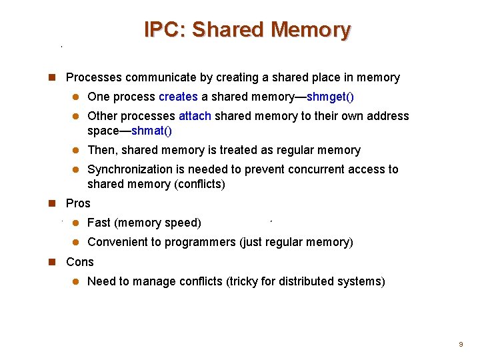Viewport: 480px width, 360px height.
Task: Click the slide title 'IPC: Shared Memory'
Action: [x=247, y=30]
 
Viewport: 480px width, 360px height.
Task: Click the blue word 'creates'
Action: [x=179, y=97]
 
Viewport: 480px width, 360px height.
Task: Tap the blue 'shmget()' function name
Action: [x=330, y=97]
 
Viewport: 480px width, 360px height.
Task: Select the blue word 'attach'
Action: [x=195, y=116]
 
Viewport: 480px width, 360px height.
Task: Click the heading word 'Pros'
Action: [x=78, y=203]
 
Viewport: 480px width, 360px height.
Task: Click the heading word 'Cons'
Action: [x=80, y=262]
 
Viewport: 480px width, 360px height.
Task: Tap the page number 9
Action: [x=460, y=345]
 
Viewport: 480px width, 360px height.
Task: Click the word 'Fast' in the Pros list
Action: [x=99, y=223]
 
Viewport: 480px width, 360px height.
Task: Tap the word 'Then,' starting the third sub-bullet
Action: [x=102, y=150]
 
